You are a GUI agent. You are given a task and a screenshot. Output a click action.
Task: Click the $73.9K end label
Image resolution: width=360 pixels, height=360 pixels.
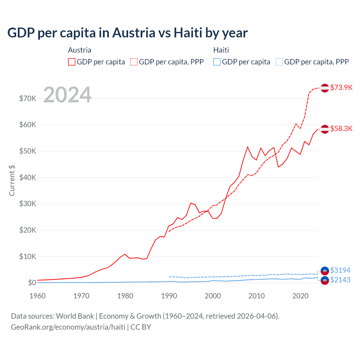coord(341,87)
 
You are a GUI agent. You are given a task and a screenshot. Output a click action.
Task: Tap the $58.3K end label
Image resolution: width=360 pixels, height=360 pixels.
coord(341,129)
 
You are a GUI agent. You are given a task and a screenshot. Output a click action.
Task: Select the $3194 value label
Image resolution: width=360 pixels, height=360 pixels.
coord(340,270)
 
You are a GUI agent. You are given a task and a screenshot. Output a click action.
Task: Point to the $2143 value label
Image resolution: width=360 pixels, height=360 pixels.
coord(340,280)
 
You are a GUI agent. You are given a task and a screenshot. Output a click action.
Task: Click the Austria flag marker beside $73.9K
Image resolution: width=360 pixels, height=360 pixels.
coord(325,88)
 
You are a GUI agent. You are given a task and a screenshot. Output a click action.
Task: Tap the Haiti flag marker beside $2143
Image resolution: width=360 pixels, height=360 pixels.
coord(325,280)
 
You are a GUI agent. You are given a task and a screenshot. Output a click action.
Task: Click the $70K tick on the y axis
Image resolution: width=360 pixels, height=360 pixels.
coord(28,98)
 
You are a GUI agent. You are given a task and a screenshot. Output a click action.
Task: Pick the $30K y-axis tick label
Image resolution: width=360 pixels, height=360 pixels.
coord(28,204)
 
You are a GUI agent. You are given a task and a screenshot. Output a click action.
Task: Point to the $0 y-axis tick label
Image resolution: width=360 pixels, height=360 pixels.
coord(32,283)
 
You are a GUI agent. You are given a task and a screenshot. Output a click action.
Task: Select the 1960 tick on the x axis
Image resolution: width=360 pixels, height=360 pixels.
coord(37,296)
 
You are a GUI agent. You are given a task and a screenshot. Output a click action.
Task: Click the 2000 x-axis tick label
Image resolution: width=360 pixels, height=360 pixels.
coord(213,296)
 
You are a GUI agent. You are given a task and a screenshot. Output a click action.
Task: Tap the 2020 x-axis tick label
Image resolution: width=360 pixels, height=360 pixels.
coord(300,296)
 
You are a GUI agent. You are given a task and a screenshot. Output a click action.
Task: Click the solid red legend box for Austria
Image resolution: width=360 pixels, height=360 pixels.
coord(72,62)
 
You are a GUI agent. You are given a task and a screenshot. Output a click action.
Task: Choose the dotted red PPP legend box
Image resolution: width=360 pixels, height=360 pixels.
coord(134,62)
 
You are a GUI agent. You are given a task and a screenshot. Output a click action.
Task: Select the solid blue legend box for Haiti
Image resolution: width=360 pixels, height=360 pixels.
coord(217,62)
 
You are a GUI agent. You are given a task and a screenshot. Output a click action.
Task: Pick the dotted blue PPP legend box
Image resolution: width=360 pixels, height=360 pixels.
coord(279,62)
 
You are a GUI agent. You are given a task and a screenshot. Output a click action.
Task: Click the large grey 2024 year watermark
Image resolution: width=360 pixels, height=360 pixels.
coord(67,95)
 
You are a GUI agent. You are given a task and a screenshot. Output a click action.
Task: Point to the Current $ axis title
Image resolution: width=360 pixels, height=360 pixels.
coord(12,181)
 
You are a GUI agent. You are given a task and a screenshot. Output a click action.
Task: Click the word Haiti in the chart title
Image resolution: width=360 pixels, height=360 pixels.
coord(188,33)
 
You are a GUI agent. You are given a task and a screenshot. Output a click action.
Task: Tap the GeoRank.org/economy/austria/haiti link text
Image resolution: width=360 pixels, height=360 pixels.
coord(68,327)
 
